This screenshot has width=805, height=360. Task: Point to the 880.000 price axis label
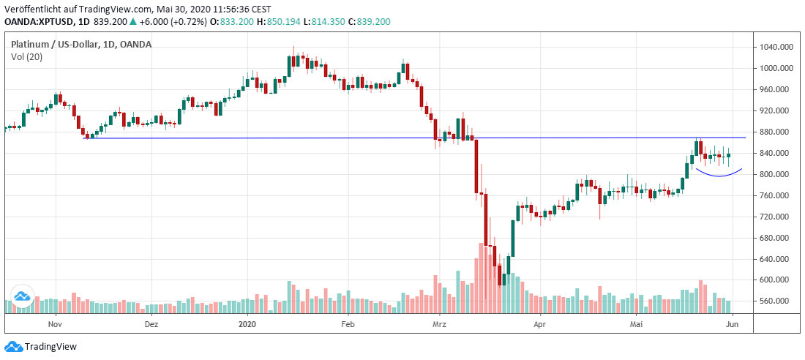pos(774,132)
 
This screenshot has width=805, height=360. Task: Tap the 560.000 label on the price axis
pos(774,301)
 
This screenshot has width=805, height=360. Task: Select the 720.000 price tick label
pos(774,217)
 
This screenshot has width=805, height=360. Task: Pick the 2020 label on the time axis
pos(248,323)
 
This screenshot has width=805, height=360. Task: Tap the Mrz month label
pos(439,323)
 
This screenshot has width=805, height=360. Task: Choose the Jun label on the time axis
pos(733,323)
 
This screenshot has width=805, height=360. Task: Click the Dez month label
pos(151,323)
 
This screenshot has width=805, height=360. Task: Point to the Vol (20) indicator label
pos(26,56)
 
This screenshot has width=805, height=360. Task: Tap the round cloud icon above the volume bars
pos(20,296)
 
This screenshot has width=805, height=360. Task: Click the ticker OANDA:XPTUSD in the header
pos(35,22)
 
